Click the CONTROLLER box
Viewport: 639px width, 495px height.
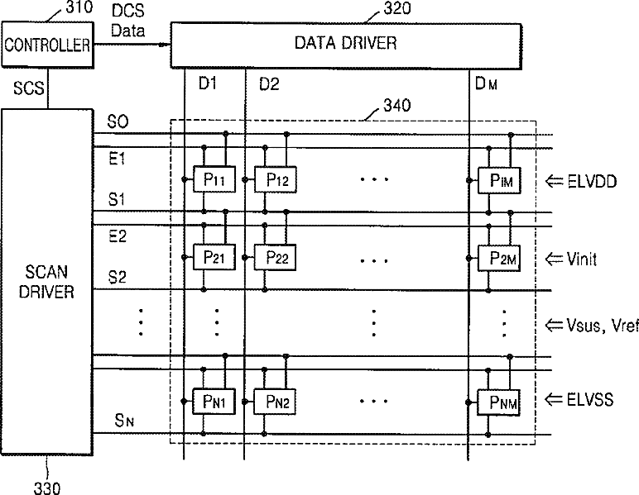click(48, 45)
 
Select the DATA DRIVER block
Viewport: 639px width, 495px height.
click(346, 45)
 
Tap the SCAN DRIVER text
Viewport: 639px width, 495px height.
click(46, 282)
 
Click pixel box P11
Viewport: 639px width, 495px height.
click(214, 179)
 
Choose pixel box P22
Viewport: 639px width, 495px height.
click(275, 258)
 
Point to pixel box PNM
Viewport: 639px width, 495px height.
click(498, 402)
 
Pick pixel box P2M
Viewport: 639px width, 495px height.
click(499, 259)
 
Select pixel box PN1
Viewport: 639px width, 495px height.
click(214, 402)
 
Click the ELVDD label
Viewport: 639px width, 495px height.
click(592, 182)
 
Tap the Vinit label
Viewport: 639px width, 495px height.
click(582, 259)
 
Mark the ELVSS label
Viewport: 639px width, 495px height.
click(589, 399)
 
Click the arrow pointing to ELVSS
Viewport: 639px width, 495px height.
click(554, 399)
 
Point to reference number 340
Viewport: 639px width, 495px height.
click(397, 105)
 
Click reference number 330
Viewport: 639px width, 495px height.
click(47, 488)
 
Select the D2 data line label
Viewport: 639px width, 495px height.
click(269, 84)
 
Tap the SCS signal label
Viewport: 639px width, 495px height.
click(28, 88)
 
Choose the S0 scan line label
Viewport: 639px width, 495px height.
click(118, 121)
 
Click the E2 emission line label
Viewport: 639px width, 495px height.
click(118, 236)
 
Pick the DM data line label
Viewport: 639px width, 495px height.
click(486, 83)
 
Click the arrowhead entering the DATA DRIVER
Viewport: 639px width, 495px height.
click(166, 45)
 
